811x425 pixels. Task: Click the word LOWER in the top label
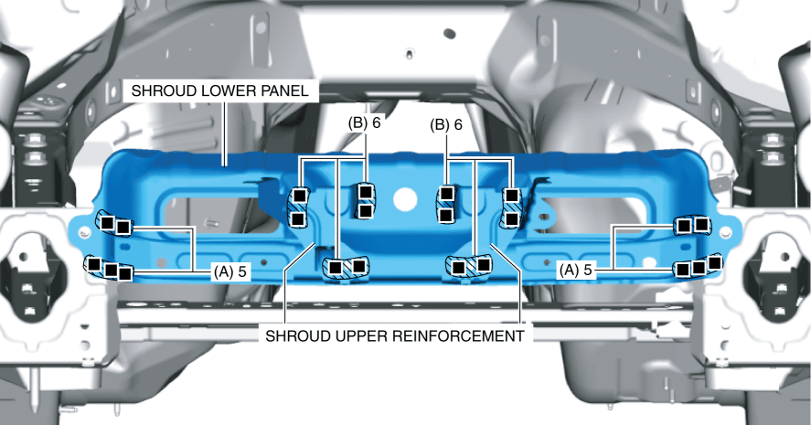click(x=233, y=91)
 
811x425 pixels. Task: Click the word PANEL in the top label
click(x=290, y=91)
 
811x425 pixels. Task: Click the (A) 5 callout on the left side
click(x=229, y=271)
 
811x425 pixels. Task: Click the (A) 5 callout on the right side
click(x=577, y=271)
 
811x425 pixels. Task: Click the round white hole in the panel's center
click(x=403, y=197)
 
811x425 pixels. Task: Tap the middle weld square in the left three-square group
click(x=111, y=270)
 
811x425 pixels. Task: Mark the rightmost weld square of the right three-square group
click(x=714, y=263)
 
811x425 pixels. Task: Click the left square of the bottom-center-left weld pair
click(x=336, y=267)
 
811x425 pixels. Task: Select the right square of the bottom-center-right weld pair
click(x=484, y=264)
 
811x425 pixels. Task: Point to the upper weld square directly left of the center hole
click(x=365, y=192)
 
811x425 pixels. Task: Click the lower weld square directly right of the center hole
click(x=447, y=216)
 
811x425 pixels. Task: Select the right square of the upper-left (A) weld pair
click(x=123, y=226)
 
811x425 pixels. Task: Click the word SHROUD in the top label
click(x=161, y=91)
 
